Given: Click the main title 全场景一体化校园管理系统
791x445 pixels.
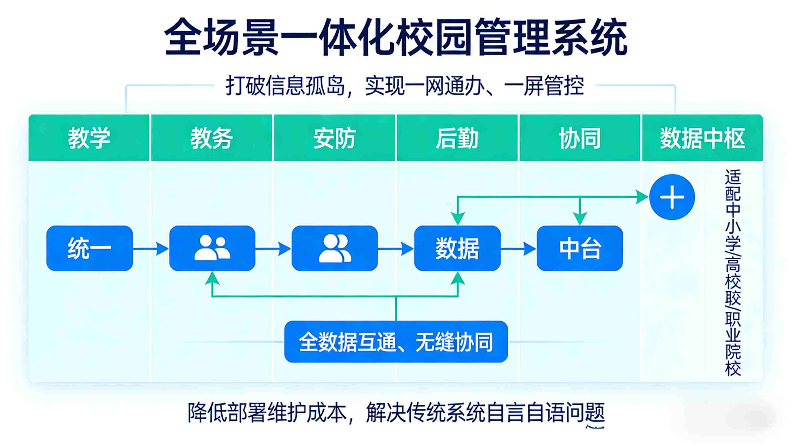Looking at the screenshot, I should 396,37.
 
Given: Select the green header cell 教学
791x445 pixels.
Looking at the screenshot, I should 89,138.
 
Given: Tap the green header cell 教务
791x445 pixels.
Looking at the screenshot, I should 212,138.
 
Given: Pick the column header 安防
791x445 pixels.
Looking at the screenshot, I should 334,138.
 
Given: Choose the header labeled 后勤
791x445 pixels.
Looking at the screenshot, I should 457,138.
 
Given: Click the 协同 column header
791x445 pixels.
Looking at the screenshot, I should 579,138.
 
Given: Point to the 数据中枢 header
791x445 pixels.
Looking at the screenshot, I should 702,138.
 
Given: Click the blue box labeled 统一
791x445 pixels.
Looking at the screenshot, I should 89,248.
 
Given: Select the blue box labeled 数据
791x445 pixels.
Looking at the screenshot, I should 457,248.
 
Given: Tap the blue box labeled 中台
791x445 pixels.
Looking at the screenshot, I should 580,248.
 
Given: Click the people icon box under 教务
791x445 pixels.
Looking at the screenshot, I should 212,248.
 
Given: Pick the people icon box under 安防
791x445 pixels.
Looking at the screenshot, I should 335,248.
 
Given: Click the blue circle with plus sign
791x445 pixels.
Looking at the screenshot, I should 672,197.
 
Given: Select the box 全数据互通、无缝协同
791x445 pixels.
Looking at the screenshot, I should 396,342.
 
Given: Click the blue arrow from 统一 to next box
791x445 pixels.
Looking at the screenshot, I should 151,248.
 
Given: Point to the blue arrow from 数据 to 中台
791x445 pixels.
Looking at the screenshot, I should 519,248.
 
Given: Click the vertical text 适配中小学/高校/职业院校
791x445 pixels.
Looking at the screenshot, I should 733,273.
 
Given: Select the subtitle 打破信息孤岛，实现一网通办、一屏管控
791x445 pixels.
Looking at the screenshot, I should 405,86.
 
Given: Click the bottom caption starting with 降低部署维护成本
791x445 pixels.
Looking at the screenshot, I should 396,413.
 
